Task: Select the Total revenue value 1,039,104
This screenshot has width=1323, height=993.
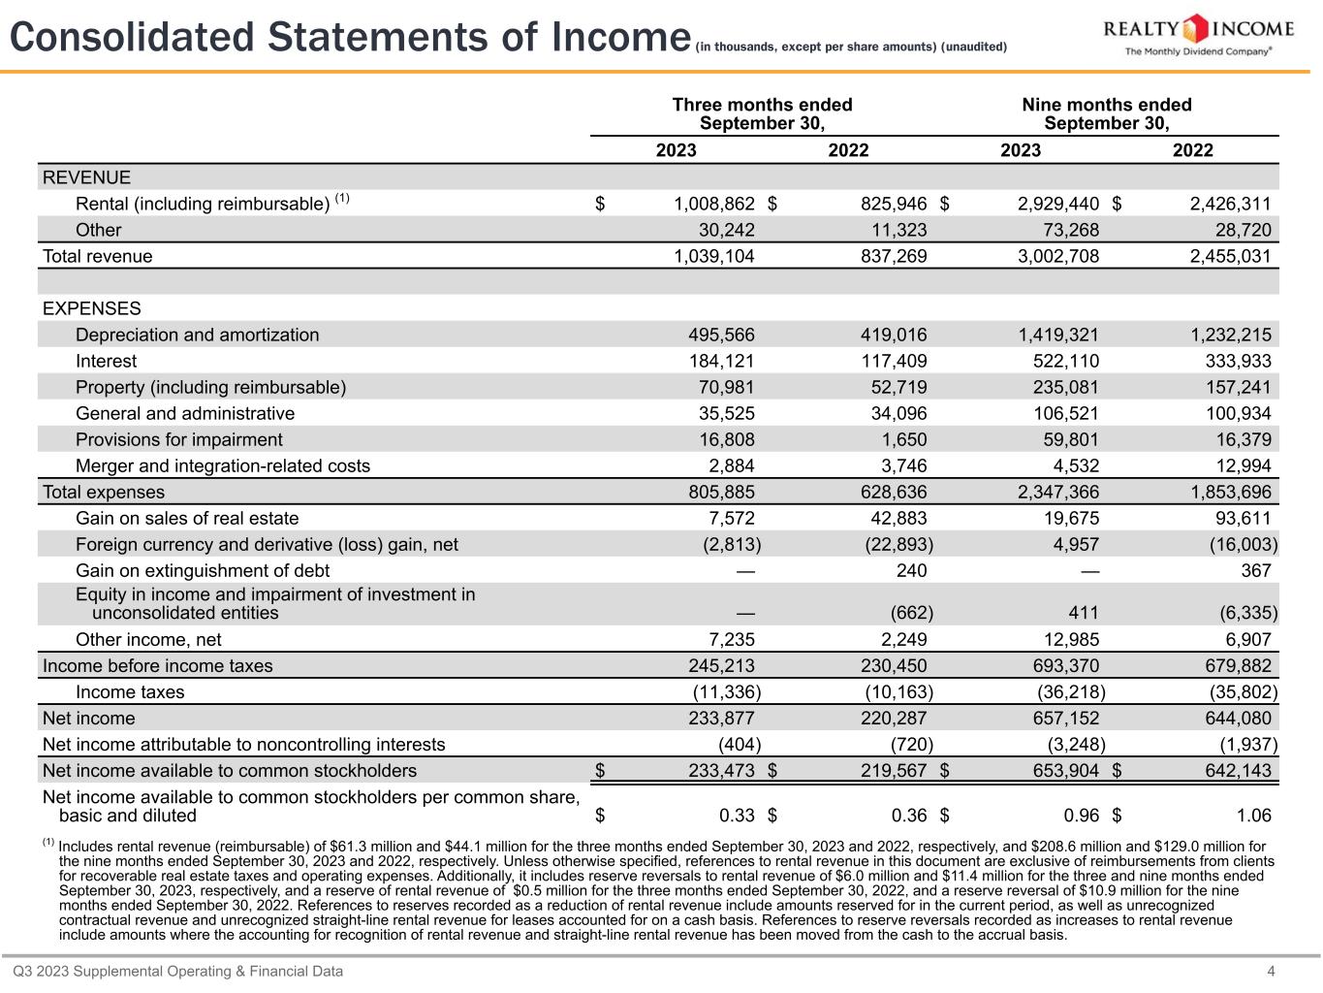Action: (x=713, y=256)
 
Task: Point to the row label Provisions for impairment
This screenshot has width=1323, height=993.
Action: (x=179, y=439)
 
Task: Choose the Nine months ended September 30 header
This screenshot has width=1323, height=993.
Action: (x=1106, y=113)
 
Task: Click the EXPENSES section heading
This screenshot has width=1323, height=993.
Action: (x=92, y=308)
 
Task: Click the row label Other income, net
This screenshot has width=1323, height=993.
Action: (x=148, y=639)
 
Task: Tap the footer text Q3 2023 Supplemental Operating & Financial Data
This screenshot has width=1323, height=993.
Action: (x=177, y=971)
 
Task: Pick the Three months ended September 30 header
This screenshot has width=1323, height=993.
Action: (x=762, y=113)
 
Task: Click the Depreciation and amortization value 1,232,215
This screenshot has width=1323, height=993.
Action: (x=1231, y=335)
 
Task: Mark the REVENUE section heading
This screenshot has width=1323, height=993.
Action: (x=86, y=177)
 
